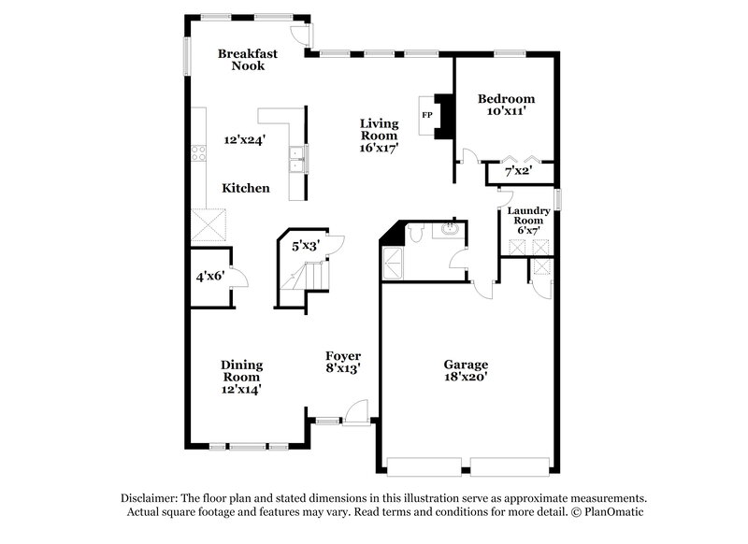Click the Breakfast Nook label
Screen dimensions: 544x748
248,60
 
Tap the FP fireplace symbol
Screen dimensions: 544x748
427,115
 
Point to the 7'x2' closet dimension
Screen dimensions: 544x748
517,172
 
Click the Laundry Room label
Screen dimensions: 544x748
528,217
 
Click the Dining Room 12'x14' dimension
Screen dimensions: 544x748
241,379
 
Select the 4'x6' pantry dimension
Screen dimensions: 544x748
210,277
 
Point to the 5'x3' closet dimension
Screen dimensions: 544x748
306,247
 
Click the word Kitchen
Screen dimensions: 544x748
246,188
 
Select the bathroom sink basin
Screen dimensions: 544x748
449,229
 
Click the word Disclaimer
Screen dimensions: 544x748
150,498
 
